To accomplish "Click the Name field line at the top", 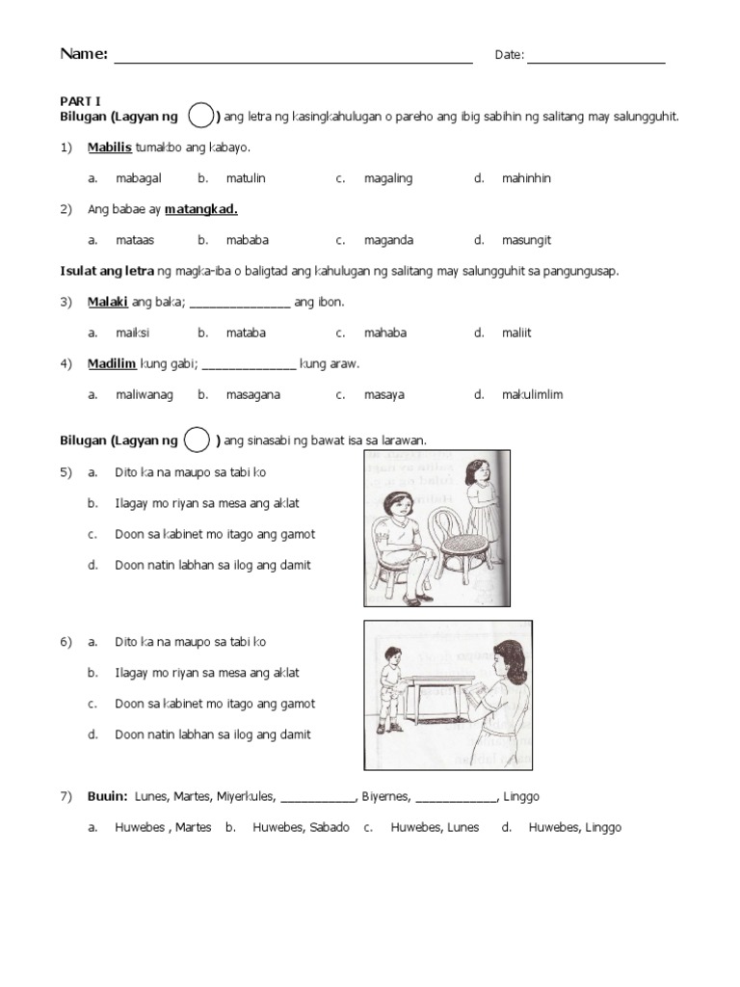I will pyautogui.click(x=293, y=61).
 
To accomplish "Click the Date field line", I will pyautogui.click(x=595, y=61).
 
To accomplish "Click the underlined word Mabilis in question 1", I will pyautogui.click(x=109, y=147).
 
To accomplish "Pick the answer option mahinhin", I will pyautogui.click(x=526, y=178).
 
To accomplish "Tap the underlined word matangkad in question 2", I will pyautogui.click(x=201, y=209).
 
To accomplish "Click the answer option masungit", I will pyautogui.click(x=526, y=240).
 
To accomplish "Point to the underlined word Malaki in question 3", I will pyautogui.click(x=108, y=302).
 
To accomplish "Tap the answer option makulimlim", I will pyautogui.click(x=532, y=394).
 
